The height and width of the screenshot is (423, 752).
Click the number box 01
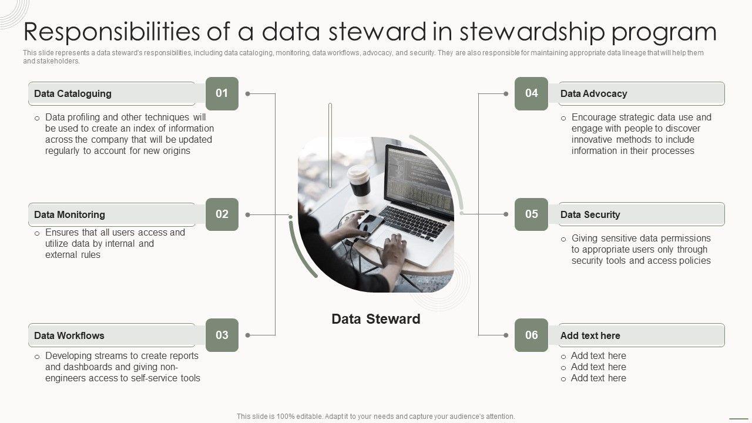(221, 93)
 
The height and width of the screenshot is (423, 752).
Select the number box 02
(221, 214)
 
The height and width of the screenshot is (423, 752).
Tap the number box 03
(221, 335)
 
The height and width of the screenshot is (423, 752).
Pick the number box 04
(531, 93)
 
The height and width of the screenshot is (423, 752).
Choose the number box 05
(531, 214)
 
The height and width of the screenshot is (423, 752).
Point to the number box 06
(531, 335)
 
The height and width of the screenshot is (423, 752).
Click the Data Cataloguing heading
(73, 94)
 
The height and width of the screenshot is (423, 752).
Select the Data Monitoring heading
(69, 215)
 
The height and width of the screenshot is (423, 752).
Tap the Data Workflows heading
(69, 336)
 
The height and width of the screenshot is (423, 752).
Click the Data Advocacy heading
(593, 94)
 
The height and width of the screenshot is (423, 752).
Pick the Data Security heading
(590, 215)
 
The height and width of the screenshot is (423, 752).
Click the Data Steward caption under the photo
(376, 319)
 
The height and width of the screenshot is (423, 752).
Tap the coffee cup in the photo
(359, 182)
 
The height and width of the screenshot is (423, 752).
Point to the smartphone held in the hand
(371, 224)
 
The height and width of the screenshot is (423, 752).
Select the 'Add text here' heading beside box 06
(590, 336)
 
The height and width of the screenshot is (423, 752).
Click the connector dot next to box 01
(248, 93)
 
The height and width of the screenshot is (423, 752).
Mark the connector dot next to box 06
(505, 335)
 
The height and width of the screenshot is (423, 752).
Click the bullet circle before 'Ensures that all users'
(37, 234)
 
